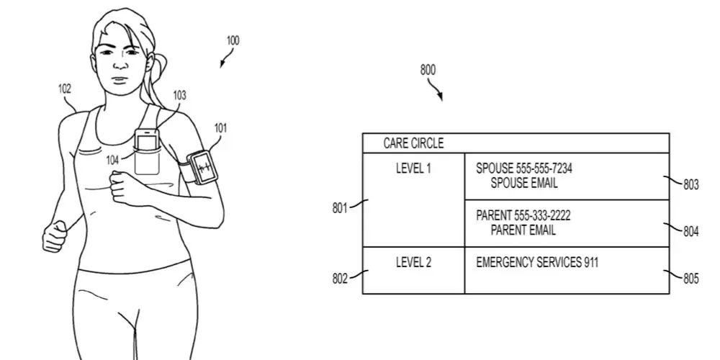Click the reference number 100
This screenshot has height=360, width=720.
[233, 41]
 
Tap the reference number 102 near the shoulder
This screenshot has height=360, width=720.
[65, 89]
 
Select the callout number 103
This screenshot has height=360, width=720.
[179, 94]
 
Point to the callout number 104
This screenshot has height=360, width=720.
[112, 161]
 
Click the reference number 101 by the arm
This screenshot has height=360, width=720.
[220, 128]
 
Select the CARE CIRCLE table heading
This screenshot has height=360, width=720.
[413, 143]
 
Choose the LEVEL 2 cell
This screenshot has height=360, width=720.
[413, 262]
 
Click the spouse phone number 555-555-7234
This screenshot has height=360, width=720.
[544, 168]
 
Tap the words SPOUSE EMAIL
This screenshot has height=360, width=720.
[523, 183]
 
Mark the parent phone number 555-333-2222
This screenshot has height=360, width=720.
[545, 216]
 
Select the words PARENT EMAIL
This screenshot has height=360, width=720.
[523, 230]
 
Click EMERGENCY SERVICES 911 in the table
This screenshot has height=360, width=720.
[536, 262]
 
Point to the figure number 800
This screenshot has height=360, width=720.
[428, 71]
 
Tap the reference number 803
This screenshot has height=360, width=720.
[690, 185]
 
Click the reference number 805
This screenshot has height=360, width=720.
[690, 279]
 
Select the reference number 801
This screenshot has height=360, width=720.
[340, 209]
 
